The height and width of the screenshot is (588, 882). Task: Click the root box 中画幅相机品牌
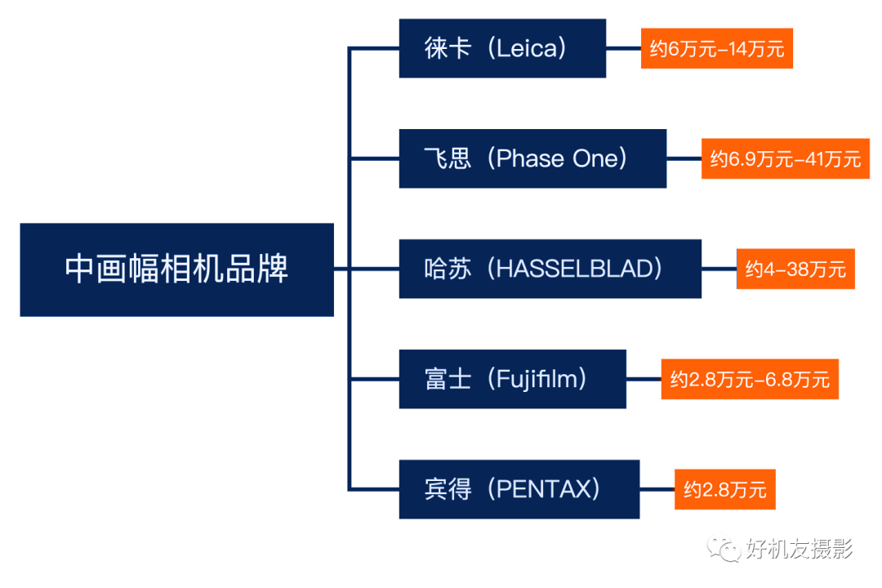pyautogui.click(x=176, y=269)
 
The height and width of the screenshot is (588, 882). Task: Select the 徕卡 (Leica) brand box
pyautogui.click(x=502, y=48)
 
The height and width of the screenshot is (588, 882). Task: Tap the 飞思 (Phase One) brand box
pyautogui.click(x=532, y=158)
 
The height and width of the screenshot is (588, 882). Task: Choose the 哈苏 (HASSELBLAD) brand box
pyautogui.click(x=550, y=269)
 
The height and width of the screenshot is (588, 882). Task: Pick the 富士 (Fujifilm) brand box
pyautogui.click(x=512, y=379)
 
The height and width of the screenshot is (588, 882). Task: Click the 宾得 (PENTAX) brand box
pyautogui.click(x=519, y=489)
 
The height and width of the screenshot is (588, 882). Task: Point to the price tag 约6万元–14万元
pyautogui.click(x=717, y=48)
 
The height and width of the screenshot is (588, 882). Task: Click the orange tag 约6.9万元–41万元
pyautogui.click(x=786, y=158)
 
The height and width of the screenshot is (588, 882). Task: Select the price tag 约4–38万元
pyautogui.click(x=795, y=269)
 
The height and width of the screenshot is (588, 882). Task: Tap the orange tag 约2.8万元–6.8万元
pyautogui.click(x=750, y=379)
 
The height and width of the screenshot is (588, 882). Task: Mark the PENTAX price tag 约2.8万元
pyautogui.click(x=725, y=489)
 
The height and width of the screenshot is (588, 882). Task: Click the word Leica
pyautogui.click(x=526, y=48)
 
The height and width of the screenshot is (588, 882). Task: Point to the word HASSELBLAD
pyautogui.click(x=574, y=269)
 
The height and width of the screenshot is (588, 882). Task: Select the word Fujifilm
pyautogui.click(x=537, y=379)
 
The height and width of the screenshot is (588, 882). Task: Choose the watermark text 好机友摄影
pyautogui.click(x=800, y=549)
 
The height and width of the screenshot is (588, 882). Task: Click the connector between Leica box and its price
pyautogui.click(x=623, y=48)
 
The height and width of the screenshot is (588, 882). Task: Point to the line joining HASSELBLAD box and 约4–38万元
pyautogui.click(x=719, y=269)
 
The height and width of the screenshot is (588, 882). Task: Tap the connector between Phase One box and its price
pyautogui.click(x=684, y=158)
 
